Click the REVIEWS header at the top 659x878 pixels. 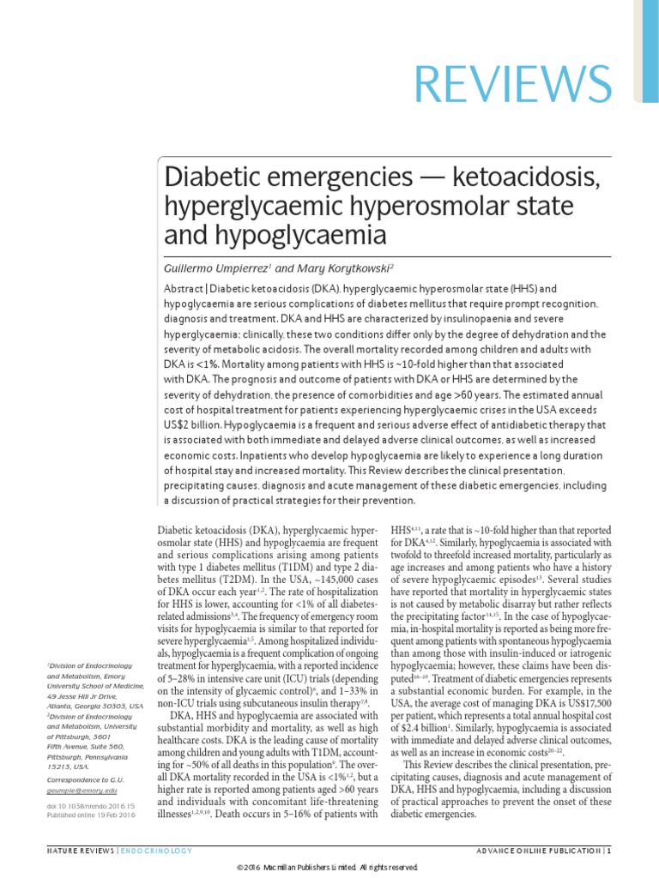(513, 81)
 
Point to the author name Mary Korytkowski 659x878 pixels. (327, 268)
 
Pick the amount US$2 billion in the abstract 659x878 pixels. (200, 424)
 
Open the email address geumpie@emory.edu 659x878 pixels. (80, 815)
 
